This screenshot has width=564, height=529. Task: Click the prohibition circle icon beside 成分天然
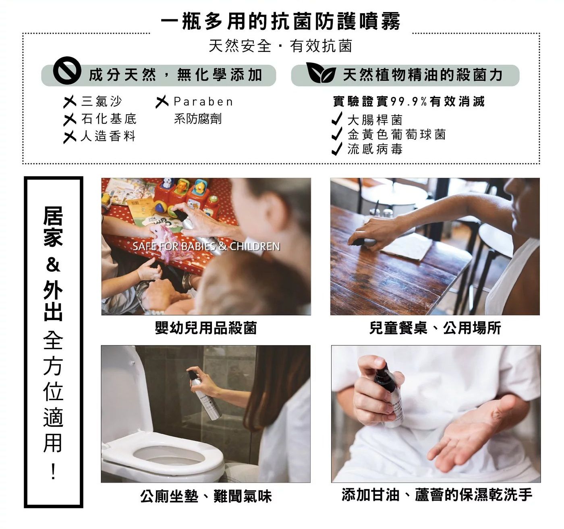(x=67, y=70)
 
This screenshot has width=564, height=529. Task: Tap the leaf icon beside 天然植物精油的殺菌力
(x=321, y=72)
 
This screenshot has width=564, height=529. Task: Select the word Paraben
(x=203, y=101)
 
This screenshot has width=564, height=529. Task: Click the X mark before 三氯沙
(x=70, y=101)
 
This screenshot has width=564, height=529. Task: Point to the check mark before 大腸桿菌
(x=337, y=118)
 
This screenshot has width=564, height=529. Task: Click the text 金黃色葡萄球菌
(x=397, y=134)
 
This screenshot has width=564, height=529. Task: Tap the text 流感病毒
(x=375, y=149)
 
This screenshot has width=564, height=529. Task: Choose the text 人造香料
(x=108, y=136)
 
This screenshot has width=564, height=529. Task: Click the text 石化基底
(x=109, y=119)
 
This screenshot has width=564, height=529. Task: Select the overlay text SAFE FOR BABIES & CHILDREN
(x=206, y=246)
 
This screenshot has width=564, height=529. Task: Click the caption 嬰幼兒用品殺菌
(x=206, y=328)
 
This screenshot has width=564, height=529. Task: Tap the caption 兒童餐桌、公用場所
(x=435, y=328)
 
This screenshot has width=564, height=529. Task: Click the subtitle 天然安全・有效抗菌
(x=280, y=46)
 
